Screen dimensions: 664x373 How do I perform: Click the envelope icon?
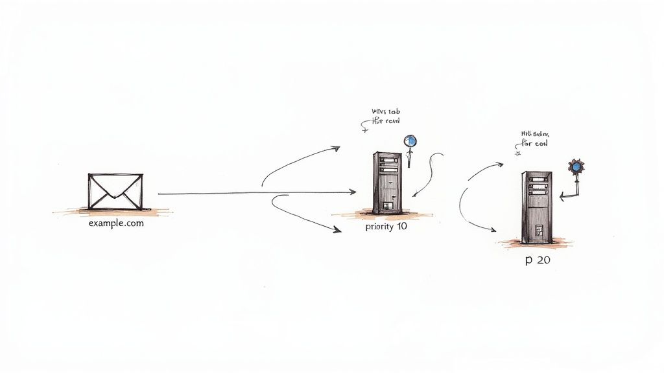[115, 191]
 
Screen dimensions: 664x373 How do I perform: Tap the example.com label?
[116, 223]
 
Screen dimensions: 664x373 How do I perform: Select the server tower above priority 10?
[386, 182]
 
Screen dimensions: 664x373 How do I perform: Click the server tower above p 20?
[536, 207]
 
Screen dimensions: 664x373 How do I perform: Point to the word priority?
[379, 228]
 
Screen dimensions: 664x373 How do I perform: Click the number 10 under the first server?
[402, 228]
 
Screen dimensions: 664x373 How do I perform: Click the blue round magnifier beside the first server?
[410, 141]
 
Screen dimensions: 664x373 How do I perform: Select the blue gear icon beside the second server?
[575, 166]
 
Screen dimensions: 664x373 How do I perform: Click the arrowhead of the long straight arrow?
[353, 192]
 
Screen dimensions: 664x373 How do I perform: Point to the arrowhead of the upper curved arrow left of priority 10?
[336, 148]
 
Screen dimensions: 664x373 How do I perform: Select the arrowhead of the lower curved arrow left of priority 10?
[338, 230]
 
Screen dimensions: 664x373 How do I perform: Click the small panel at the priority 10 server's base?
[386, 206]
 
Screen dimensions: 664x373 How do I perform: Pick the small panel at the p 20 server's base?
[538, 230]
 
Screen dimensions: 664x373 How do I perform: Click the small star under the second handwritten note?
[517, 154]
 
